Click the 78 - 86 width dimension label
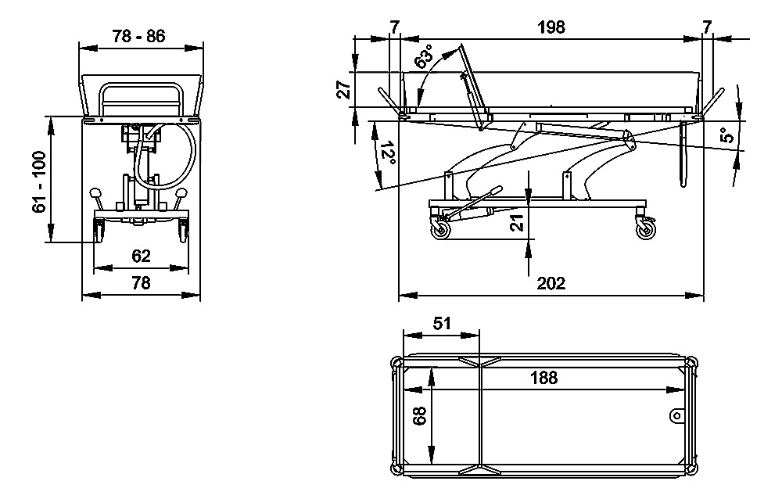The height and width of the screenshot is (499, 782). click(x=139, y=36)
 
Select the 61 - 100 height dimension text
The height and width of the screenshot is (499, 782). click(x=40, y=180)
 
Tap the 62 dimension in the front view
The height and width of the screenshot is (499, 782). click(x=141, y=256)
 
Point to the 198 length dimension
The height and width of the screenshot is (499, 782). click(x=551, y=27)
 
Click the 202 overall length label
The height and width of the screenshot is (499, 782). click(x=552, y=283)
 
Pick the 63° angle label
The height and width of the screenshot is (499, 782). click(x=425, y=59)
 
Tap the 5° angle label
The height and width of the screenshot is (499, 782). click(x=728, y=135)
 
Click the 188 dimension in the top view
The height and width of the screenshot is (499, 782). click(x=543, y=378)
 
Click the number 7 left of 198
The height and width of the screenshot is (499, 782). click(x=394, y=27)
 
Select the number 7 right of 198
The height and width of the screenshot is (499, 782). click(x=707, y=27)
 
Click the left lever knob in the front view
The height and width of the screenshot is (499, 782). click(x=95, y=193)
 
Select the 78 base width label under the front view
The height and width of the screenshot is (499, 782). click(x=141, y=283)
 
